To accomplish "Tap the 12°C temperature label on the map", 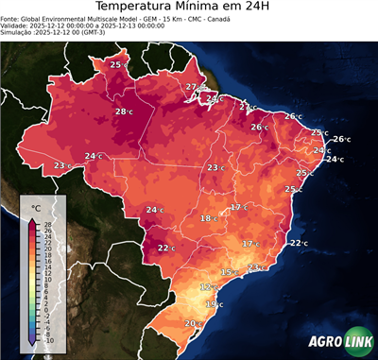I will [209, 286].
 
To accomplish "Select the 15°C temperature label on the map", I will [229, 272].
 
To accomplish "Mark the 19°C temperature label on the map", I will [215, 304].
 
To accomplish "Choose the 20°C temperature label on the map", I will [192, 323].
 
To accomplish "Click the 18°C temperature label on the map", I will [209, 218].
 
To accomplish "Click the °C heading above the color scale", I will [36, 206].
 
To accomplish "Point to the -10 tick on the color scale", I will [48, 340].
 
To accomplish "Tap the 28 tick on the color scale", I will [47, 224].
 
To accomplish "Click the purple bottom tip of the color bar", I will [33, 342].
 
